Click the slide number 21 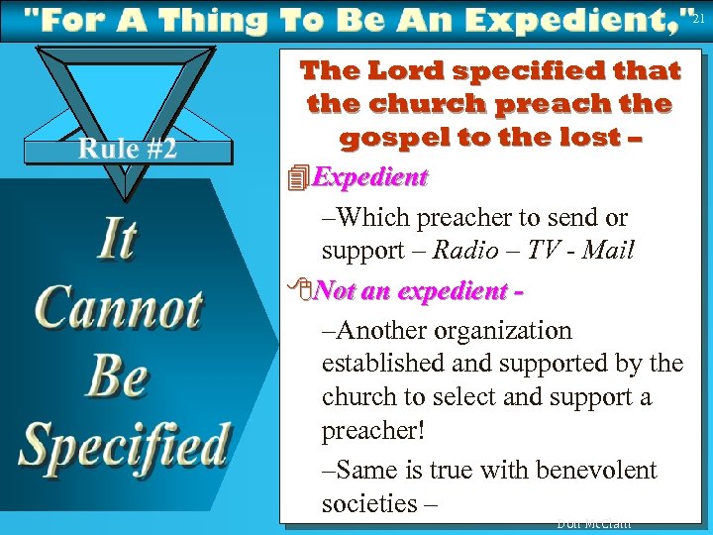click(x=699, y=19)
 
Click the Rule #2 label click(x=128, y=149)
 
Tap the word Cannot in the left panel click(x=119, y=308)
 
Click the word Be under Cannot click(x=117, y=375)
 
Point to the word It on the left click(x=117, y=240)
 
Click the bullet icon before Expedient click(x=294, y=178)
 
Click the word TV click(x=544, y=251)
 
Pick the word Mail click(x=608, y=251)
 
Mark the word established click(x=384, y=364)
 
